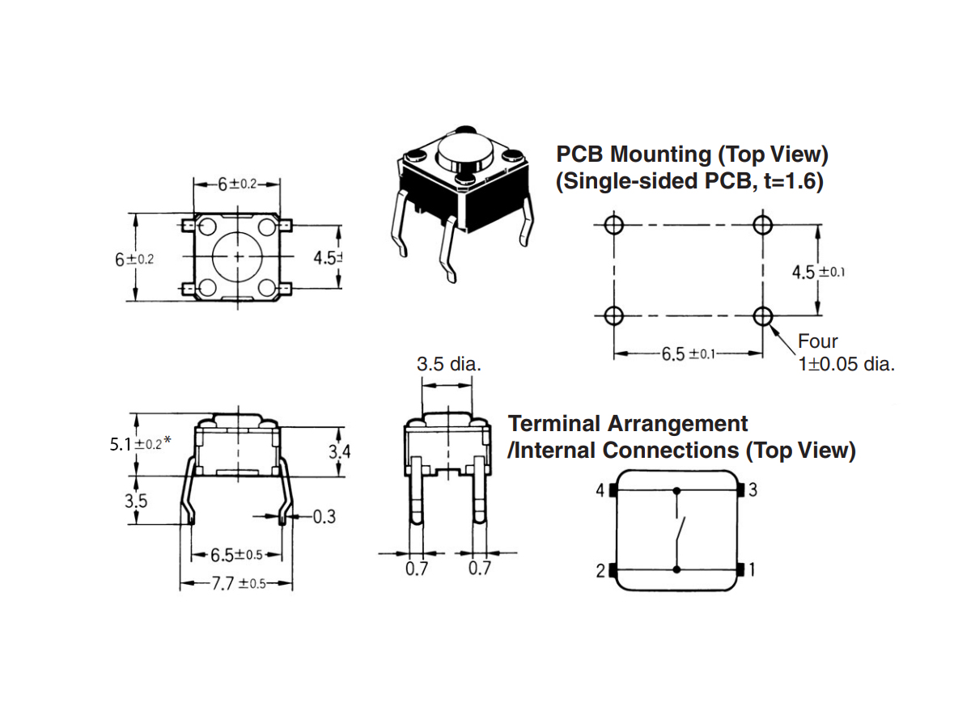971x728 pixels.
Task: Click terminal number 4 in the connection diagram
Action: (600, 490)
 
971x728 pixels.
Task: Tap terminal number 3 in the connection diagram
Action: (753, 490)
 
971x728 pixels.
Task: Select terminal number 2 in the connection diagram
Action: (600, 570)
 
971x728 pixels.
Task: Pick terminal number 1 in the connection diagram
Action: (753, 570)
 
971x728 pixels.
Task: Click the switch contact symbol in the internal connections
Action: (681, 530)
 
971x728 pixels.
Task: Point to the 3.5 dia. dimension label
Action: (449, 365)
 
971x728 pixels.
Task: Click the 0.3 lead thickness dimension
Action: (324, 516)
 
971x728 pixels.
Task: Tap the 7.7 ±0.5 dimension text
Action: (238, 584)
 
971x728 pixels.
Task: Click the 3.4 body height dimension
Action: (340, 451)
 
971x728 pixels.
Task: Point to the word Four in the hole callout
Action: (818, 341)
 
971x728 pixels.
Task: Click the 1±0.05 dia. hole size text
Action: (846, 364)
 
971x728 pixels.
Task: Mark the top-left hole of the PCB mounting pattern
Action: (613, 224)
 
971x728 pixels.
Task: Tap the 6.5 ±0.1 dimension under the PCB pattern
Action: (687, 353)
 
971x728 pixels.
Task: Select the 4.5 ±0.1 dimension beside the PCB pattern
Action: (818, 272)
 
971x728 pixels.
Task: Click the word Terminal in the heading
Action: (554, 424)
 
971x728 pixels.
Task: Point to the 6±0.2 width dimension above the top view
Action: (236, 184)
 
